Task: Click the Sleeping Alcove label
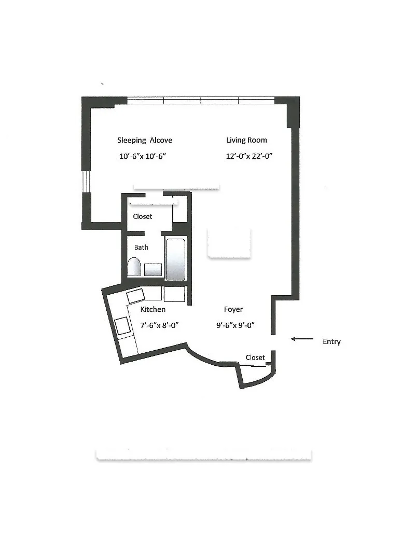(x=144, y=140)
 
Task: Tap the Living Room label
(x=246, y=140)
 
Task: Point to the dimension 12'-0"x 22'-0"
(x=249, y=156)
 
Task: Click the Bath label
(x=141, y=247)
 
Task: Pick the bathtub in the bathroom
(x=175, y=259)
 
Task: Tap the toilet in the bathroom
(x=134, y=268)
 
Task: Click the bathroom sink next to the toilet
(x=153, y=269)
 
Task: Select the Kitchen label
(x=153, y=309)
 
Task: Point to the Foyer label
(x=233, y=309)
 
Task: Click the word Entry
(x=331, y=342)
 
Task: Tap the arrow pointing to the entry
(x=302, y=339)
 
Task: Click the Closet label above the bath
(x=143, y=216)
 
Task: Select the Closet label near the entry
(x=255, y=357)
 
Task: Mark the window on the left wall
(x=87, y=181)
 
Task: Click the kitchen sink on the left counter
(x=123, y=326)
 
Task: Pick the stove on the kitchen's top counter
(x=136, y=296)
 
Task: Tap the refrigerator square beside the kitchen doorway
(x=174, y=294)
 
